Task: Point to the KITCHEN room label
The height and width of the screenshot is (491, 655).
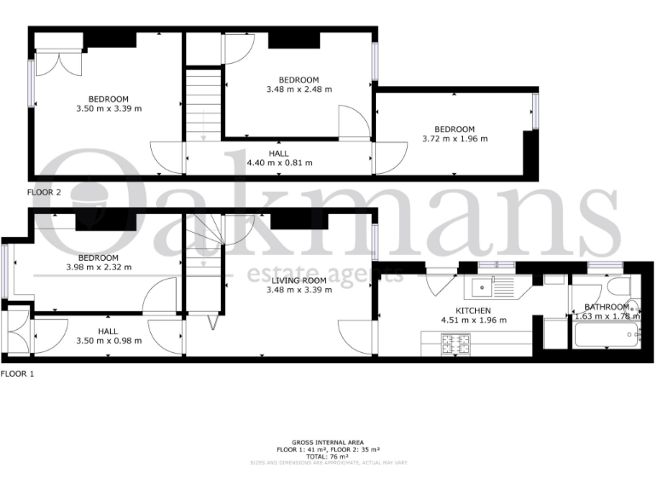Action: tap(472, 310)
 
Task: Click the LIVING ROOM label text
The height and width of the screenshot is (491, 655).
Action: tap(299, 280)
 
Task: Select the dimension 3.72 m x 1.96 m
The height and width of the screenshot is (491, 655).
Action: tap(455, 139)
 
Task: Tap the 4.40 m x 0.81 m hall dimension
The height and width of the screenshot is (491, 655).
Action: tap(279, 163)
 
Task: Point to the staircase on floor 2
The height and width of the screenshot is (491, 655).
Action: tap(203, 101)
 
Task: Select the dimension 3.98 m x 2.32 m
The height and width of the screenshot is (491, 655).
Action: tap(98, 268)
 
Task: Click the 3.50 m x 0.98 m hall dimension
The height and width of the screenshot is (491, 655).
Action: tap(108, 341)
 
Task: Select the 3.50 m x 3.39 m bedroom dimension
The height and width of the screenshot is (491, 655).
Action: tap(108, 108)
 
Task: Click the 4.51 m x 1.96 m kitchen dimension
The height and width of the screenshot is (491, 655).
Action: tap(472, 321)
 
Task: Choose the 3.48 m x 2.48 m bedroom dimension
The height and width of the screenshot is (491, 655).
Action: tap(299, 89)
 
